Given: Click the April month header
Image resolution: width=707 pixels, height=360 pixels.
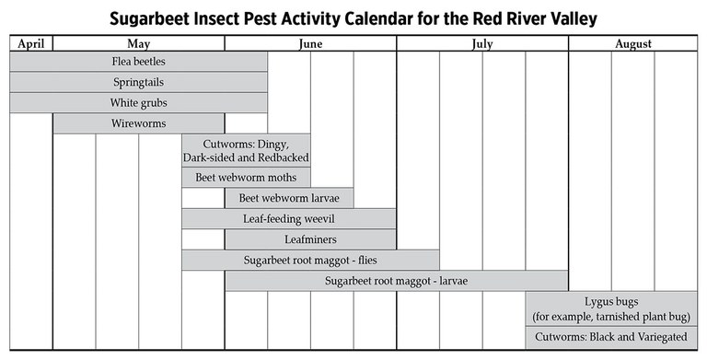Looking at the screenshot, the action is [31, 44].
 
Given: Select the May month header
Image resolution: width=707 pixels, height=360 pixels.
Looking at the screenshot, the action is [138, 44].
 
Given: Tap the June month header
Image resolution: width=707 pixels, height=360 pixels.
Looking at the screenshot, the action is [310, 44].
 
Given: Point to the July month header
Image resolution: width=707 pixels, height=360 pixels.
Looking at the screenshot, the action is [482, 44].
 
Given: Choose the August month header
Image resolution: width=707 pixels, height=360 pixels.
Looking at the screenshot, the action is [633, 44].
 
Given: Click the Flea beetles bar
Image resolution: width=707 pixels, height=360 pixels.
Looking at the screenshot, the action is [138, 62].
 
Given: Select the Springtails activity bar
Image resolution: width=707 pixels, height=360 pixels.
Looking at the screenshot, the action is [138, 82].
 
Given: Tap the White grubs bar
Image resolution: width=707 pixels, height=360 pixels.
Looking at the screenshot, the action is [138, 103].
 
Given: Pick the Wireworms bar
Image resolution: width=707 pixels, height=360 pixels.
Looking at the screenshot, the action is [138, 123].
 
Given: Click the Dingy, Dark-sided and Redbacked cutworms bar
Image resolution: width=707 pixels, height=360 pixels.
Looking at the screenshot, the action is [246, 151].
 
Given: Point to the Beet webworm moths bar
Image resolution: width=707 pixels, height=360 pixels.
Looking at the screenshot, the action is [246, 178].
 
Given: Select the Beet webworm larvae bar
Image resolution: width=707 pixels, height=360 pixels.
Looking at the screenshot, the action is [289, 198].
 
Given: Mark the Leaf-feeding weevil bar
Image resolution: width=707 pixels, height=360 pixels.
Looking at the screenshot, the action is [289, 219].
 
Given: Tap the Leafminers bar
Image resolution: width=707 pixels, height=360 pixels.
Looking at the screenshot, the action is [310, 239].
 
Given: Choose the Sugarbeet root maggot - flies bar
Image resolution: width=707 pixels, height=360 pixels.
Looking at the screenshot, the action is [310, 261].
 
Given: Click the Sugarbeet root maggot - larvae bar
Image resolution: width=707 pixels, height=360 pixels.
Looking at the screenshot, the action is [397, 281].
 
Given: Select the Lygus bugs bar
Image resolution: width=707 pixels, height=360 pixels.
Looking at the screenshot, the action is [611, 309].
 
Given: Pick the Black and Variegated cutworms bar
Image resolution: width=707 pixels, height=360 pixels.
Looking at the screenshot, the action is [611, 338].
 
